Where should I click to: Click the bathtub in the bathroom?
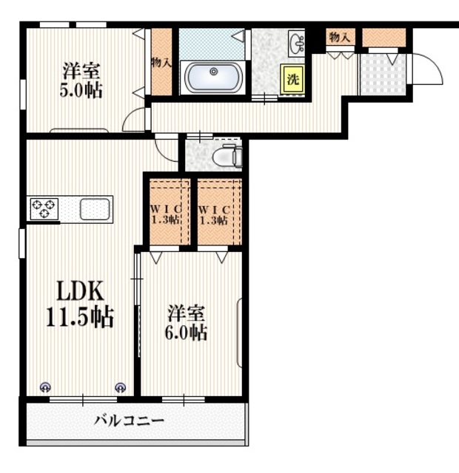[x=213, y=77]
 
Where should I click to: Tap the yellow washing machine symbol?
[x=292, y=79]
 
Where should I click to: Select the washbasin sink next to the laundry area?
[x=297, y=44]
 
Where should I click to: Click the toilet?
[x=227, y=156]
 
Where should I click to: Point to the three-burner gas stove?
[x=44, y=208]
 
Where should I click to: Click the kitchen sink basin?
[x=95, y=209]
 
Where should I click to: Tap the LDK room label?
[x=81, y=290]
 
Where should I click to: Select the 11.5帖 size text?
[x=80, y=317]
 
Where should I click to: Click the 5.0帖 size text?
[x=81, y=90]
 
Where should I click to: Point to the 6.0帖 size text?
[x=186, y=333]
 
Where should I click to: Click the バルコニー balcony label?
[x=130, y=421]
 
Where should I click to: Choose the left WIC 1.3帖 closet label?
[x=166, y=214]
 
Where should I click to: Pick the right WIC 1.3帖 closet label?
[x=214, y=215]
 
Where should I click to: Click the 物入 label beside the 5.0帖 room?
[x=161, y=63]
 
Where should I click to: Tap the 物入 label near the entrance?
[x=340, y=38]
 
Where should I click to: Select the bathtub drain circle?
[x=214, y=72]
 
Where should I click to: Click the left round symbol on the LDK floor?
[x=46, y=387]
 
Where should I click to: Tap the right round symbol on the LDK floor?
[x=121, y=387]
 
